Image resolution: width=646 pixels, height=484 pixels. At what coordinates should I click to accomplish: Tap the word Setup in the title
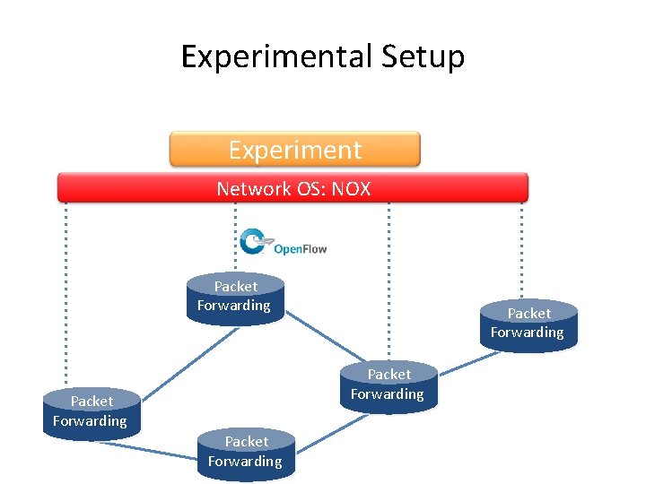click(423, 57)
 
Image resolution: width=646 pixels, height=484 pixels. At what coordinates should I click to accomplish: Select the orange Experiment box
click(294, 150)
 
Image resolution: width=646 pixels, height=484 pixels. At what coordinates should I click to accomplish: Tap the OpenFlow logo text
click(300, 248)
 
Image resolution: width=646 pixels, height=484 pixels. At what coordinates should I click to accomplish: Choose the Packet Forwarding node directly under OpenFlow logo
click(234, 298)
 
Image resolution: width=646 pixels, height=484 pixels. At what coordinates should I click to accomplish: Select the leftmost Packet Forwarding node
click(91, 412)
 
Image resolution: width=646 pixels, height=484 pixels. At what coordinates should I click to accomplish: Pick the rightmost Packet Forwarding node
click(528, 324)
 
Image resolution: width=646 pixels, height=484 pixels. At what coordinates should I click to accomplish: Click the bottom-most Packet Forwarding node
click(246, 453)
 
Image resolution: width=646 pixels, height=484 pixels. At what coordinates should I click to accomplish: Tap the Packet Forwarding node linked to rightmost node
click(388, 385)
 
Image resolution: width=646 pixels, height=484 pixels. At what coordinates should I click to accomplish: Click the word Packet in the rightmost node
click(529, 314)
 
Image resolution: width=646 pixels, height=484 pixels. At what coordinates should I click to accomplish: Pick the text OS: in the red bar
click(310, 188)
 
